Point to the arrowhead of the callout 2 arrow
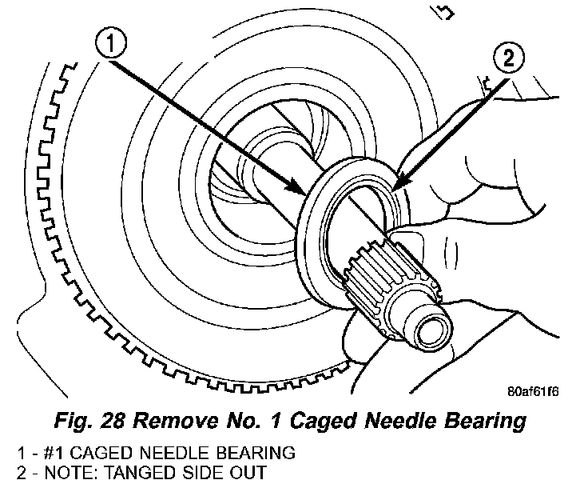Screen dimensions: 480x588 397,190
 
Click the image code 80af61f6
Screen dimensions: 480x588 533,393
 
